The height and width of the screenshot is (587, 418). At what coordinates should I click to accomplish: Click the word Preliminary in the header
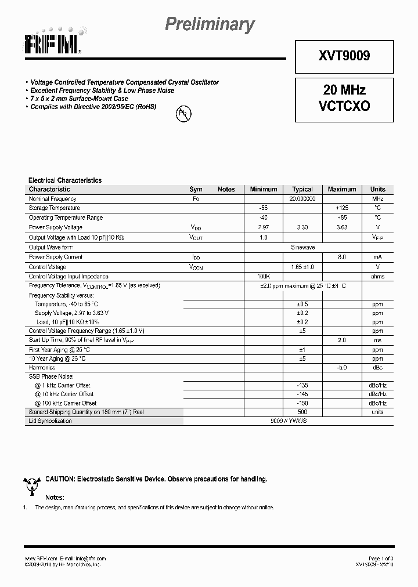pyautogui.click(x=210, y=24)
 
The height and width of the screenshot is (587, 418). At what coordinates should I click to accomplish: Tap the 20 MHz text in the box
pyautogui.click(x=344, y=90)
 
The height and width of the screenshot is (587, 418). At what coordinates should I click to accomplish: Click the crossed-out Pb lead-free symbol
pyautogui.click(x=182, y=114)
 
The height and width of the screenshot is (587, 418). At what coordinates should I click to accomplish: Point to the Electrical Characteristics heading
pyautogui.click(x=65, y=180)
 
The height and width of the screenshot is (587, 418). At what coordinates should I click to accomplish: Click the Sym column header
pyautogui.click(x=196, y=189)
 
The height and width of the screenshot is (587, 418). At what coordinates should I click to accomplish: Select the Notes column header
pyautogui.click(x=226, y=189)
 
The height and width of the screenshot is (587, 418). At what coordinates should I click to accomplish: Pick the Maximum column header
pyautogui.click(x=341, y=189)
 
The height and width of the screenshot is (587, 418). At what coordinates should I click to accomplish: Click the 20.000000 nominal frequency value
pyautogui.click(x=302, y=198)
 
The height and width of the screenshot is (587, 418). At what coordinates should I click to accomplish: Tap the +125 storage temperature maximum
pyautogui.click(x=341, y=208)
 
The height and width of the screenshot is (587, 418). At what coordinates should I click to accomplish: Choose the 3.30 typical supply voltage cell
pyautogui.click(x=302, y=227)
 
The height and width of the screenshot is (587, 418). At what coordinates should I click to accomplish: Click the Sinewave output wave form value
pyautogui.click(x=302, y=247)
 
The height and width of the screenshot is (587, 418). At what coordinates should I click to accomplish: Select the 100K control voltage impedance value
pyautogui.click(x=264, y=277)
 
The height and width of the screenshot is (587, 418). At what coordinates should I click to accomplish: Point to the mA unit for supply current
pyautogui.click(x=377, y=257)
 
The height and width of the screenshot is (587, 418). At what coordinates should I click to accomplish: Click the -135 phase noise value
pyautogui.click(x=302, y=385)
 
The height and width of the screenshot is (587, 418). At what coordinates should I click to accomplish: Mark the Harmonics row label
pyautogui.click(x=42, y=367)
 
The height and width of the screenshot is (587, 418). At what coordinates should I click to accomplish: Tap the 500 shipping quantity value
pyautogui.click(x=302, y=412)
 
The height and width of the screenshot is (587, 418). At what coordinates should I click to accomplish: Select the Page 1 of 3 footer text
pyautogui.click(x=380, y=558)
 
